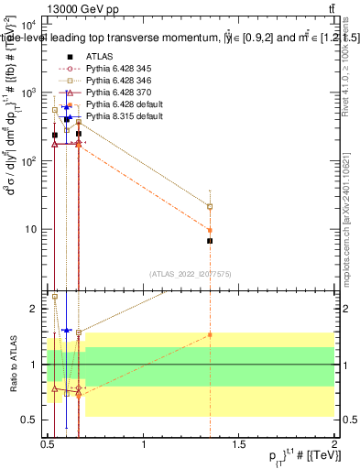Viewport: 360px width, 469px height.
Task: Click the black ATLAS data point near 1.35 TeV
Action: (211, 241)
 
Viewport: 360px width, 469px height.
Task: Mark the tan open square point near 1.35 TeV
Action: (211, 207)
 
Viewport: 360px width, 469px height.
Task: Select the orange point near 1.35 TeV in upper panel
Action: (211, 230)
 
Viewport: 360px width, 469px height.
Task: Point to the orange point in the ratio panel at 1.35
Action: (211, 335)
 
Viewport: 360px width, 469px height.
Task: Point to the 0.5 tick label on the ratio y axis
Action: (33, 420)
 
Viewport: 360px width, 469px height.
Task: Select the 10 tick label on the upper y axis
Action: (31, 229)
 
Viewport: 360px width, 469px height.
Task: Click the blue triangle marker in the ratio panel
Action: (66, 330)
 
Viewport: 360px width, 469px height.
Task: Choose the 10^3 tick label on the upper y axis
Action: (29, 93)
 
